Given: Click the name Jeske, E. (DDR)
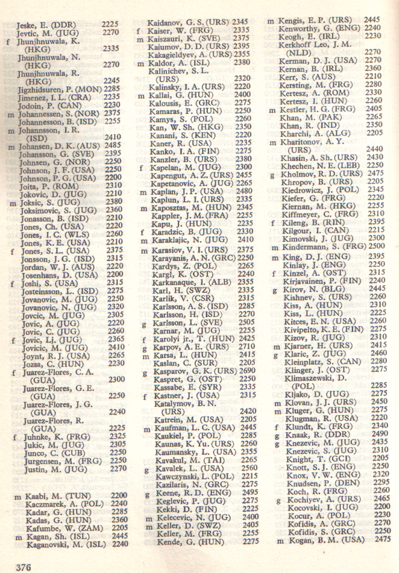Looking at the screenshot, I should pyautogui.click(x=42, y=24).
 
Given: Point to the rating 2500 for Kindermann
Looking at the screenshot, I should pyautogui.click(x=375, y=246).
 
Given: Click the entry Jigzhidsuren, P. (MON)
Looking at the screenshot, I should pyautogui.click(x=57, y=88).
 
